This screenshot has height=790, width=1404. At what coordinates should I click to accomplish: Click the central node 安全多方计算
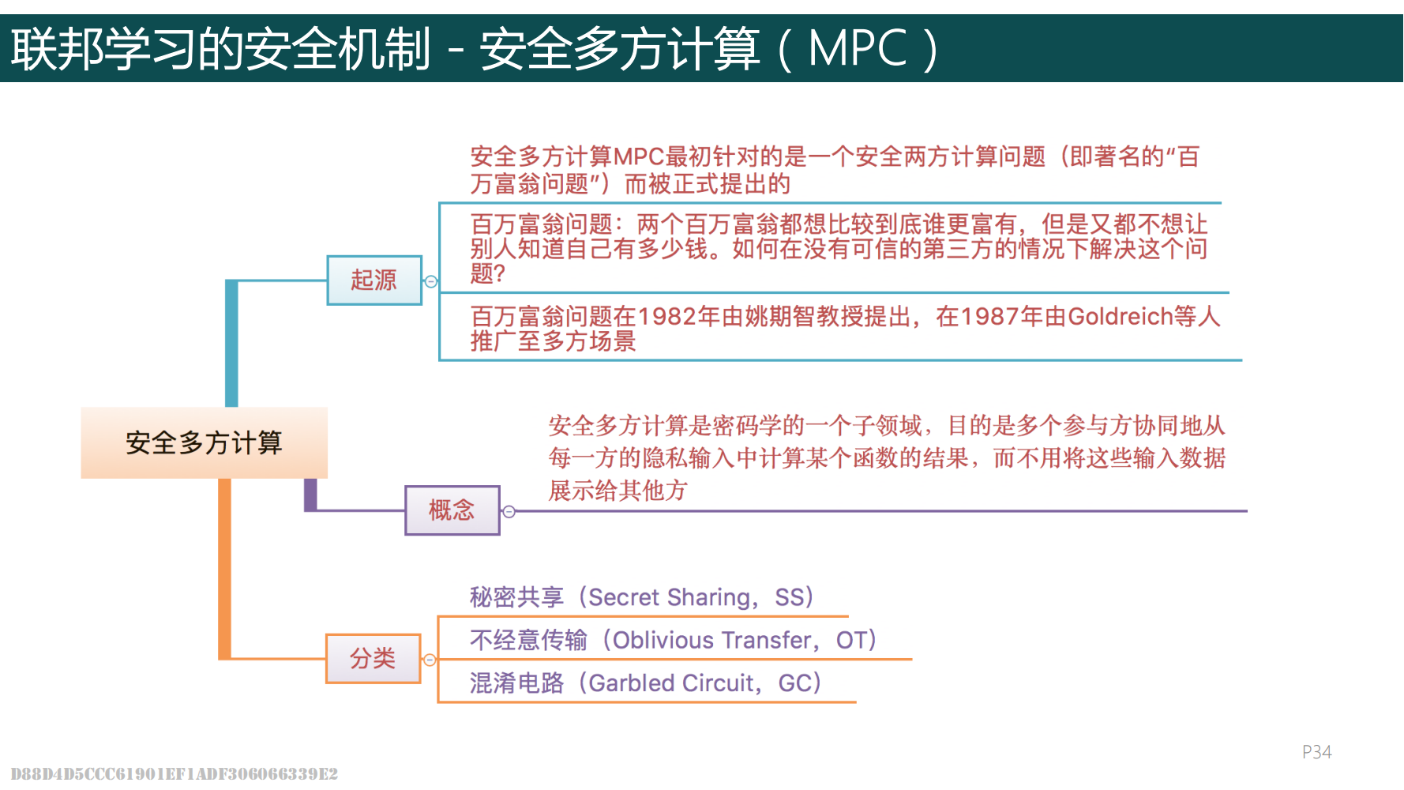(204, 442)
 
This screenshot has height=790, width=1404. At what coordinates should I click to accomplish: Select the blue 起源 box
(374, 280)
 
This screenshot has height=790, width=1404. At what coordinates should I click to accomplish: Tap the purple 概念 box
(452, 510)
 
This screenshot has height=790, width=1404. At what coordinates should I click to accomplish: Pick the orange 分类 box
(373, 658)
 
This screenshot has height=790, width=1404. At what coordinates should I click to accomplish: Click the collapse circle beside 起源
(431, 281)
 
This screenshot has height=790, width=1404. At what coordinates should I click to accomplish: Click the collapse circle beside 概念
(509, 512)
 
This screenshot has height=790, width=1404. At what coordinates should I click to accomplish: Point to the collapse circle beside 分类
(430, 660)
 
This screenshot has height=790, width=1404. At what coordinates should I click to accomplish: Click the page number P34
(1316, 752)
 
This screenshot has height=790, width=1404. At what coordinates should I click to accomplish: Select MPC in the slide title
(858, 49)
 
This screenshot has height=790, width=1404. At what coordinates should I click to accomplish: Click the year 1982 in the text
(666, 317)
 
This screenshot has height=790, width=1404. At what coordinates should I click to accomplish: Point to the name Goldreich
(1120, 317)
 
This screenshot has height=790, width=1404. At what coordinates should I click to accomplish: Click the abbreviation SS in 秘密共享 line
(789, 597)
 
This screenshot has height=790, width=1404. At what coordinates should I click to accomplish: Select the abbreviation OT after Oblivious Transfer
(850, 640)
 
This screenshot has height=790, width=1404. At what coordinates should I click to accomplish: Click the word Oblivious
(662, 640)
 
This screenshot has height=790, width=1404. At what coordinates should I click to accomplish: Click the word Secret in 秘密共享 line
(624, 597)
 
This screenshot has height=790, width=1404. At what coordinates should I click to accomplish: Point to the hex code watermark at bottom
(174, 773)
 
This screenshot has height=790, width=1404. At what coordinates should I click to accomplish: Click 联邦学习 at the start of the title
(103, 49)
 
